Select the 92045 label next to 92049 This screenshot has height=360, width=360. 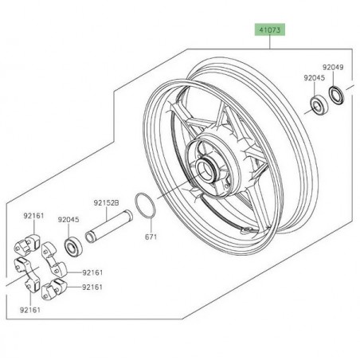[314, 78]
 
